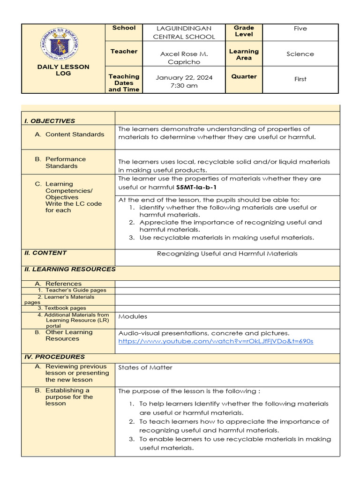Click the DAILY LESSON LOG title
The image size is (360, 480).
pos(63,70)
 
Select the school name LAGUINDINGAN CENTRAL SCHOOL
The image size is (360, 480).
pos(184,32)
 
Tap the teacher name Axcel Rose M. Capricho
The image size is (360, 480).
pos(184,58)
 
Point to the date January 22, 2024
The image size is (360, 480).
pos(184,77)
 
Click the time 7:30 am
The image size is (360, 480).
pos(184,86)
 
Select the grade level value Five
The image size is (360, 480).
pos(300,29)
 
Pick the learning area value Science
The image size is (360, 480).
pos(300,54)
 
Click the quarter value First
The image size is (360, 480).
pos(300,79)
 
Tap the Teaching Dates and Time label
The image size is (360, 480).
pos(124,82)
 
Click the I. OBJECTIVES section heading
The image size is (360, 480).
pos(49,121)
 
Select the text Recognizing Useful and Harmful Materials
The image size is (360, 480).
pos(227,254)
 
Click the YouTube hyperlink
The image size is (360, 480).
pos(216,341)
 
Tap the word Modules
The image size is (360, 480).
pos(133,316)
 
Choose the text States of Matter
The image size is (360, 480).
pos(145,367)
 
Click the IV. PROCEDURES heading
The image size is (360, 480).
pos(54,357)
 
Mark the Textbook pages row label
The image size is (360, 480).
pos(62,308)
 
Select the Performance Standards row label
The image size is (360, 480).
pos(66,162)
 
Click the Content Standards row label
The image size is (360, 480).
pos(75,134)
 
